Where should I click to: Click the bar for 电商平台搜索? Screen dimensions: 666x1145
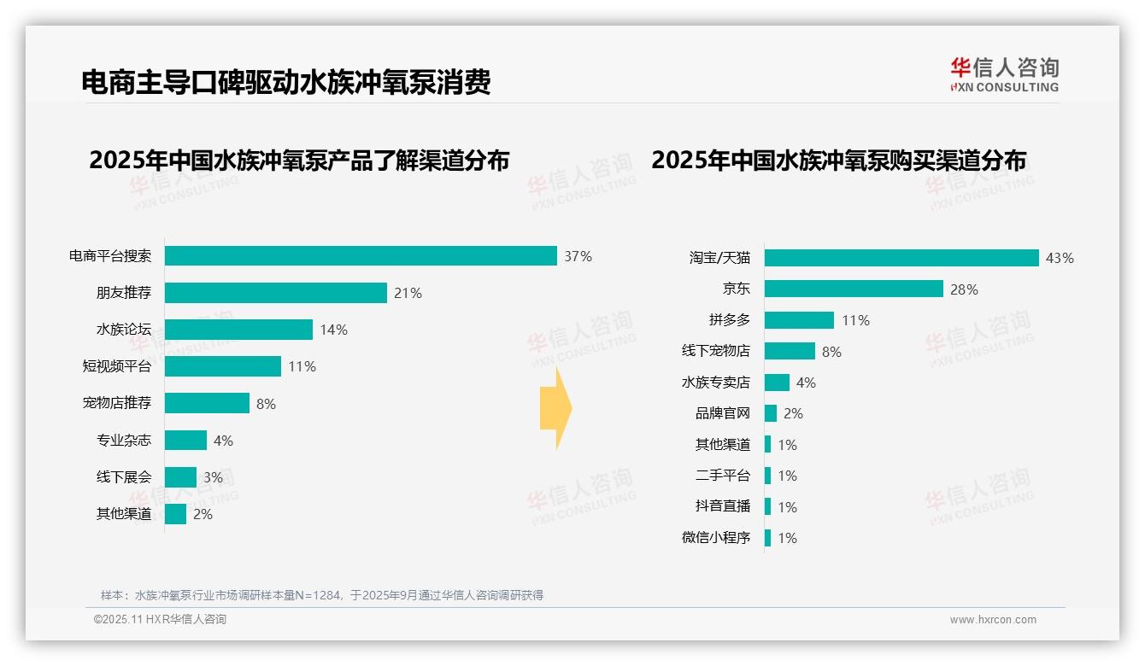tap(361, 256)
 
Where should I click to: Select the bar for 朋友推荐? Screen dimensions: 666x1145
tap(275, 293)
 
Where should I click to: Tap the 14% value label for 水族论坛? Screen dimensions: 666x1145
tap(333, 330)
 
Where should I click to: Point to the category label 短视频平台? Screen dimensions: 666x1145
tap(116, 366)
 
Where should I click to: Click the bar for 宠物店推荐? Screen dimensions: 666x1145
tap(207, 403)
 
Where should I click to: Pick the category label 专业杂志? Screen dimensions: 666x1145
tap(123, 441)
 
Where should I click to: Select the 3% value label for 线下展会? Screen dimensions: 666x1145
tap(213, 477)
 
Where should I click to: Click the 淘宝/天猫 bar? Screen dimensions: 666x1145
tap(901, 258)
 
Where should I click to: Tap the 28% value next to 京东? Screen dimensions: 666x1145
tap(964, 289)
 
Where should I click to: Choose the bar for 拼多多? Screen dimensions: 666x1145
tap(799, 320)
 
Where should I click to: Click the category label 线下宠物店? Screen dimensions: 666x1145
tap(715, 351)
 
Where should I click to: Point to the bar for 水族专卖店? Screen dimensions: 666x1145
tap(777, 383)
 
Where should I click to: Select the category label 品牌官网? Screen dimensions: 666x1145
tap(722, 413)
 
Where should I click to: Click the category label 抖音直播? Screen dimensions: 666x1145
tap(722, 506)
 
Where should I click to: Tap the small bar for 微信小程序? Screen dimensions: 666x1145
tap(767, 538)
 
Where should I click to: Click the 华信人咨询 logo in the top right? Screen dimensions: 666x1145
tap(1004, 74)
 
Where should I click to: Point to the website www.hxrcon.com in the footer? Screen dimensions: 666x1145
tap(993, 620)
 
